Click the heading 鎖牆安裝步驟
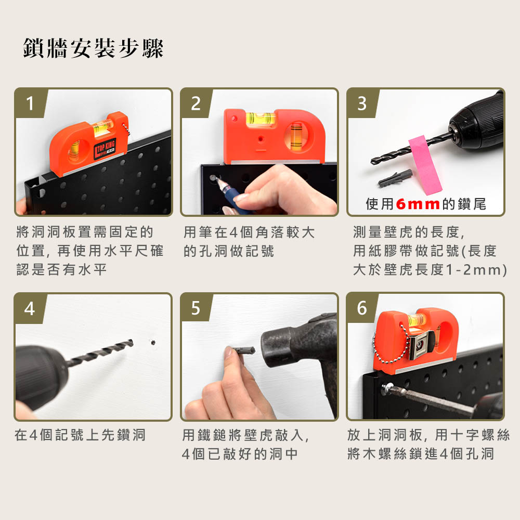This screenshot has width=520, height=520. coord(93,48)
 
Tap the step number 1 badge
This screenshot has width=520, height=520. coord(30,103)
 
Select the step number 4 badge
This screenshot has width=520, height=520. coord(30,308)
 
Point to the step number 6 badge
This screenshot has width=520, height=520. coord(362,308)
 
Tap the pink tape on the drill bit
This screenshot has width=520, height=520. coord(425,165)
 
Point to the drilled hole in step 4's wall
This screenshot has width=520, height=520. coord(153,342)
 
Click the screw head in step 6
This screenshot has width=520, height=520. coord(387,387)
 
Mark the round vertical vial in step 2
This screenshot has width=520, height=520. coord(296,135)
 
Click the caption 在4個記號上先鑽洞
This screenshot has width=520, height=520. coord(80,435)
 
